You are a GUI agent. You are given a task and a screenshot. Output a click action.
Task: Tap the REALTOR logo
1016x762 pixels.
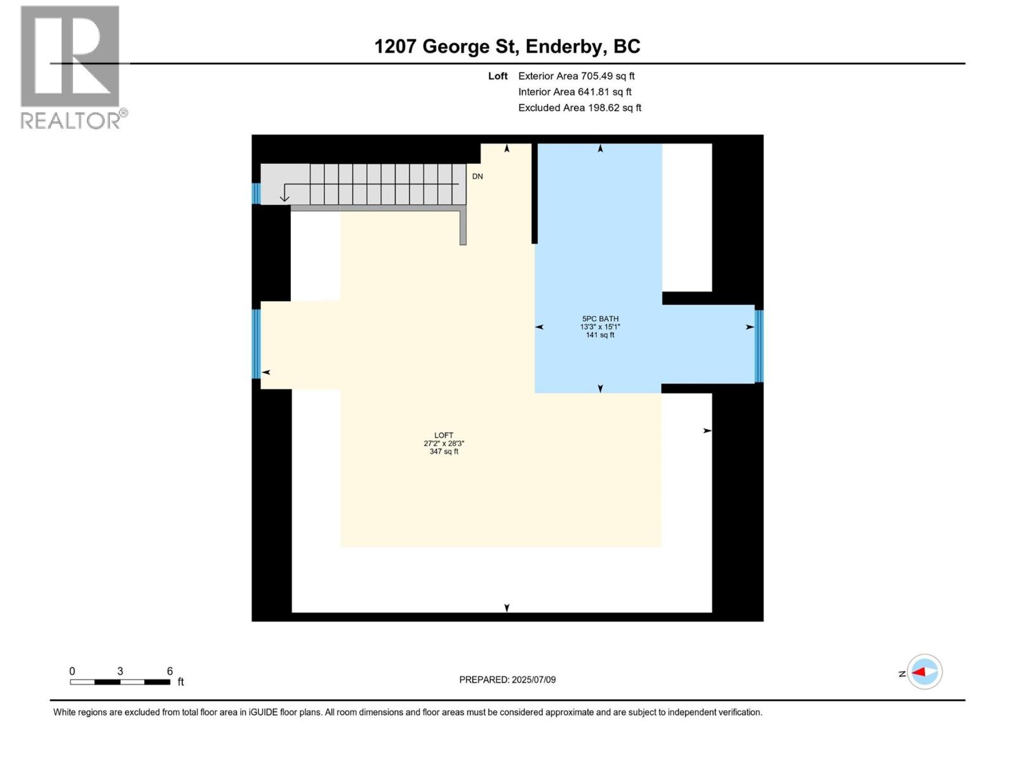point(70,67)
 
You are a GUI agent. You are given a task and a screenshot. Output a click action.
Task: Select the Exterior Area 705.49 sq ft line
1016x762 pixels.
point(576,76)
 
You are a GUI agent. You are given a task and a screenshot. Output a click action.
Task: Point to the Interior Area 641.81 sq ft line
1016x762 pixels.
point(575,92)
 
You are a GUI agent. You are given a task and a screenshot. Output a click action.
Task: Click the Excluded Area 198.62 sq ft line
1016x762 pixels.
point(579,108)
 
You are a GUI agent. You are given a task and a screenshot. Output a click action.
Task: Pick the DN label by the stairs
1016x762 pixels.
point(478,177)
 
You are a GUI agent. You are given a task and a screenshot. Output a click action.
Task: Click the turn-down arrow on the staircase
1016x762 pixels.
point(285,193)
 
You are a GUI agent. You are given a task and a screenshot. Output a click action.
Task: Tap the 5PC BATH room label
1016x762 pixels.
point(600,319)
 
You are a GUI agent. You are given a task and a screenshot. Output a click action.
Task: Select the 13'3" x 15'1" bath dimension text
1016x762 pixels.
point(600,327)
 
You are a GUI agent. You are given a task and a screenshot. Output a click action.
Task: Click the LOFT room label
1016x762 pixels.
point(444,436)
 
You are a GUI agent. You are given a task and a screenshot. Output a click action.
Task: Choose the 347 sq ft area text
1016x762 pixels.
point(444,451)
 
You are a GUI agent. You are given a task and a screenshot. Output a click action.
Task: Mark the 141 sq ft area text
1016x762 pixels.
point(600,335)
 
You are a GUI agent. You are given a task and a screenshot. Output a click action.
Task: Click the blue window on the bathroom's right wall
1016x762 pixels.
point(759,346)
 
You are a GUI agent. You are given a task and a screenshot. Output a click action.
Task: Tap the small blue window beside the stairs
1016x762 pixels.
point(256,193)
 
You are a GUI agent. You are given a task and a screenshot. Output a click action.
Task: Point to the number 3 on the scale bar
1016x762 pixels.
point(120,671)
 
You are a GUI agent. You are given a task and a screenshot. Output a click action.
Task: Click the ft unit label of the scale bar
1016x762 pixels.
point(181,682)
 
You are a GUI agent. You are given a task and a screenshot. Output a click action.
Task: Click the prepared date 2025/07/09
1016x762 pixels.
point(533,679)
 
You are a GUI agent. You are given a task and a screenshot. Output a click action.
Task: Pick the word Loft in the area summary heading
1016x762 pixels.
point(498,76)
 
